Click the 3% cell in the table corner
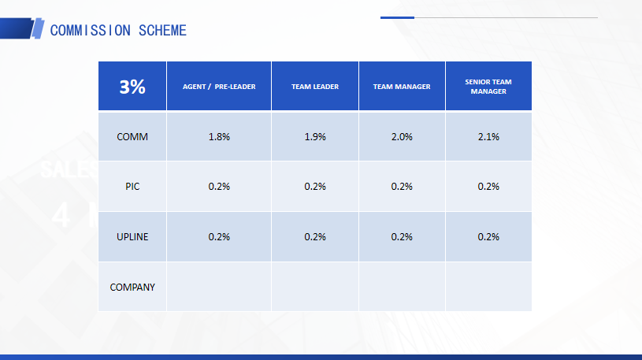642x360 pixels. tap(132, 87)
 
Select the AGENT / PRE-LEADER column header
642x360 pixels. tap(219, 87)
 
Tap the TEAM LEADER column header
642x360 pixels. tap(315, 87)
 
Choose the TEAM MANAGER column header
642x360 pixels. tap(402, 87)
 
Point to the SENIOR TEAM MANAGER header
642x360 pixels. tap(488, 87)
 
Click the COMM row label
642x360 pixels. tap(132, 137)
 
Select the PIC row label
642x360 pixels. tap(132, 187)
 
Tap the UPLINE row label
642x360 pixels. tap(132, 237)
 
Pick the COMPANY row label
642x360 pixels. tap(132, 287)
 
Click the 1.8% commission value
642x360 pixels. tap(219, 137)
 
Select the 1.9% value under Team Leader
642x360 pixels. tap(315, 137)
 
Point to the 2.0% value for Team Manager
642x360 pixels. tap(402, 137)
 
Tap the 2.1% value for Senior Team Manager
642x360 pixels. tap(488, 137)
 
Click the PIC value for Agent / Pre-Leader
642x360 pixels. tap(219, 187)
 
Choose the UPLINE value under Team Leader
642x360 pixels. tap(315, 237)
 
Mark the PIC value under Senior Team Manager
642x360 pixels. tap(488, 187)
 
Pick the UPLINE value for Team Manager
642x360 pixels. tap(402, 237)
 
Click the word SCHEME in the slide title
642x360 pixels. tap(162, 30)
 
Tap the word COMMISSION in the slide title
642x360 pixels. tap(91, 30)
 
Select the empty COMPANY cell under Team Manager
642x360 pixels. tap(402, 287)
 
